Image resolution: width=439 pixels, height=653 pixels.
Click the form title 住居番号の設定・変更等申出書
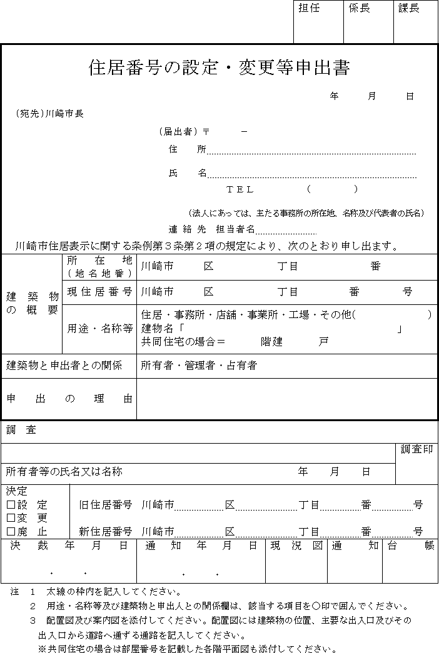point(219,67)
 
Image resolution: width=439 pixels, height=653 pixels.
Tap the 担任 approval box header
point(309,9)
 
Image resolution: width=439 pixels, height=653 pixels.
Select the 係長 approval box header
point(359,9)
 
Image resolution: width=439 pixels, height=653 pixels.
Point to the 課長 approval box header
point(409,9)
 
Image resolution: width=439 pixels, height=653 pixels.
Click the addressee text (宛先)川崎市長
point(49,114)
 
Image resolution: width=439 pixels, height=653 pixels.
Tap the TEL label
point(240,189)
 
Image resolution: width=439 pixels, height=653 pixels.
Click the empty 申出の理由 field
point(286,399)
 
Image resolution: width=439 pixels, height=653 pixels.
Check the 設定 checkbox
point(11,505)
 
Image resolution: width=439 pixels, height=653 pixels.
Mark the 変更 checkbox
point(11,518)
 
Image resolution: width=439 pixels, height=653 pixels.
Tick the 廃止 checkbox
point(11,532)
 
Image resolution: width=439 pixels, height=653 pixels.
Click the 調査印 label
point(416,449)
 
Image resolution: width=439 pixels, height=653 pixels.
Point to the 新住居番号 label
point(105,532)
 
